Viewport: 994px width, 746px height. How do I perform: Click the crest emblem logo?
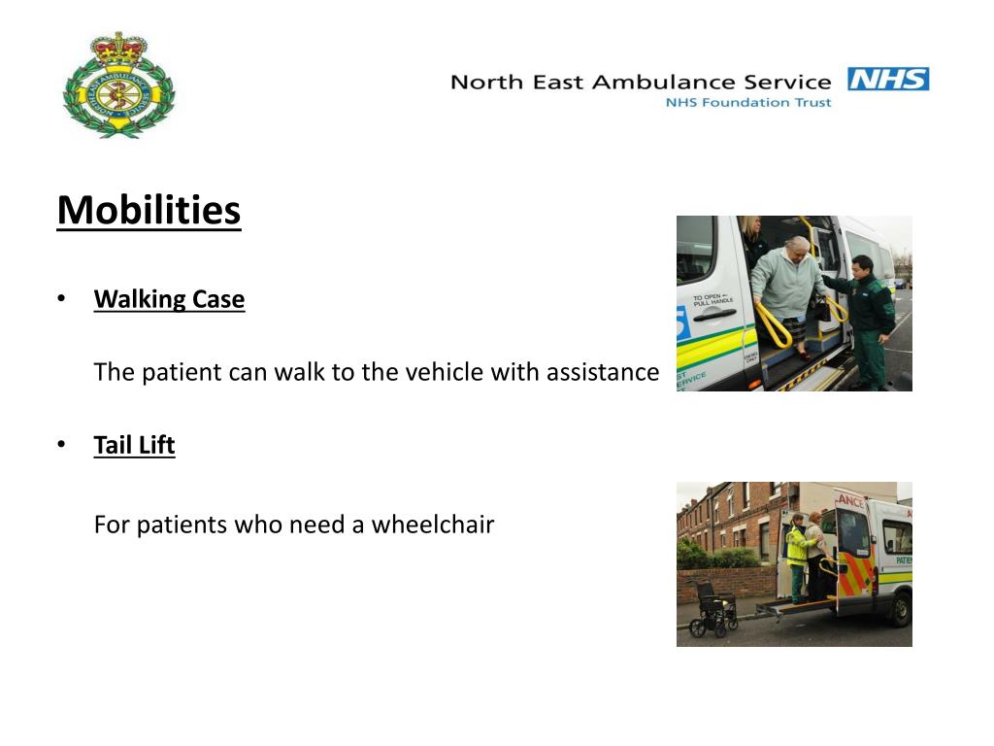pos(117,85)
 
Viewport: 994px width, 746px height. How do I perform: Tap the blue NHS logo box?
pos(888,80)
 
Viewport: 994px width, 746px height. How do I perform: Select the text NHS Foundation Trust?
pos(747,102)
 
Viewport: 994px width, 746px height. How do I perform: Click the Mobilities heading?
pos(149,210)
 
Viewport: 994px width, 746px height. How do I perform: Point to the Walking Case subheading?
pos(169,299)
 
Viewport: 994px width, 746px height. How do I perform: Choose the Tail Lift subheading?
pos(134,446)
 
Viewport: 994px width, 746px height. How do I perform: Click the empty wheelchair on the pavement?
pos(713,609)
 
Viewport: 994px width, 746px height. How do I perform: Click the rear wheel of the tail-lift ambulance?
pos(900,609)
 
